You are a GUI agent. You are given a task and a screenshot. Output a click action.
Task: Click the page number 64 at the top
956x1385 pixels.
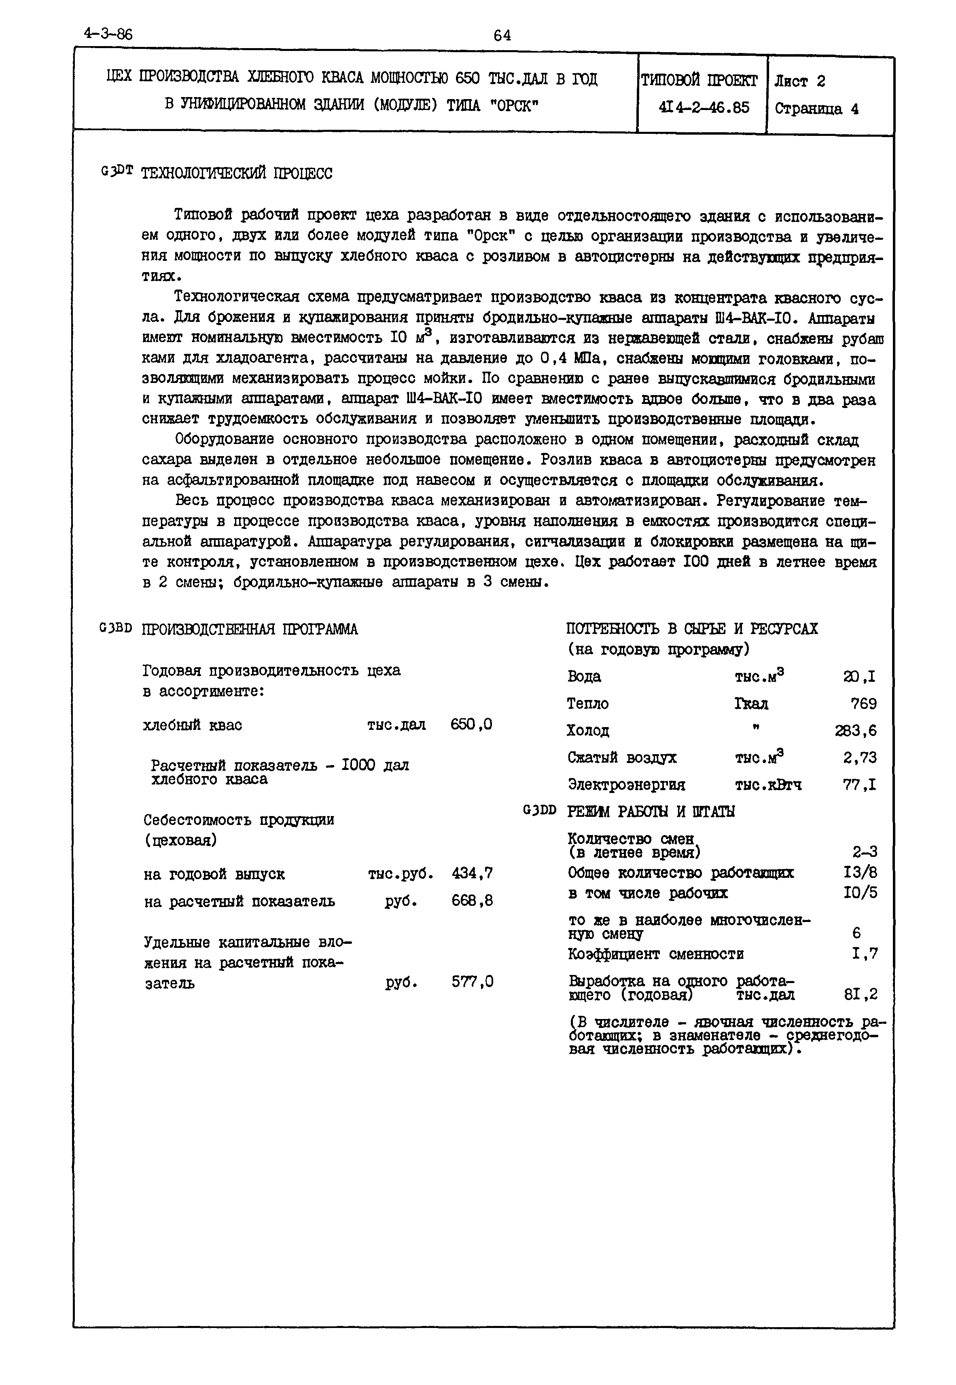pyautogui.click(x=502, y=35)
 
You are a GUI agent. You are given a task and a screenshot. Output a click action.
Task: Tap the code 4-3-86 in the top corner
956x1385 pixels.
pyautogui.click(x=108, y=34)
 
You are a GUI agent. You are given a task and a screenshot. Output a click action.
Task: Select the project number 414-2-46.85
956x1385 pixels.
pyautogui.click(x=703, y=108)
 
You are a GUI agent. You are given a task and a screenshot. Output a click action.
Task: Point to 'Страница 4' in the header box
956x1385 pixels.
pyautogui.click(x=816, y=109)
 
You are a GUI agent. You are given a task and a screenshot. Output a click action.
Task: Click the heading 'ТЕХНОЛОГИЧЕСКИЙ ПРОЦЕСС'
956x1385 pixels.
pyautogui.click(x=236, y=173)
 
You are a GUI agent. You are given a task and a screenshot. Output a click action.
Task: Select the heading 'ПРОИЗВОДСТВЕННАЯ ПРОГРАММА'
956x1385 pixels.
pyautogui.click(x=250, y=629)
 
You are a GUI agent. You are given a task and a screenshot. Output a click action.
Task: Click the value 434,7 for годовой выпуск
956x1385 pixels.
pyautogui.click(x=473, y=874)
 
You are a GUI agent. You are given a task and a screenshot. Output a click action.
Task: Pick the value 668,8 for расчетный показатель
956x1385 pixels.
pyautogui.click(x=473, y=901)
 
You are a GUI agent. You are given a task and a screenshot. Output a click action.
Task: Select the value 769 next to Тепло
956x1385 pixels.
pyautogui.click(x=863, y=704)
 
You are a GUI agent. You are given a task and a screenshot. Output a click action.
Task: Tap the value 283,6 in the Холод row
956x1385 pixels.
pyautogui.click(x=855, y=731)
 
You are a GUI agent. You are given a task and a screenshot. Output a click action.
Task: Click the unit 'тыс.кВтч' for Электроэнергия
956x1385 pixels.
pyautogui.click(x=768, y=784)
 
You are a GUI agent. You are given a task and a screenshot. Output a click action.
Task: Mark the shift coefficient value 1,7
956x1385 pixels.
pyautogui.click(x=865, y=954)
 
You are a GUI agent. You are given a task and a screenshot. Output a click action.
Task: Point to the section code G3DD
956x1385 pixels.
pyautogui.click(x=540, y=810)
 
